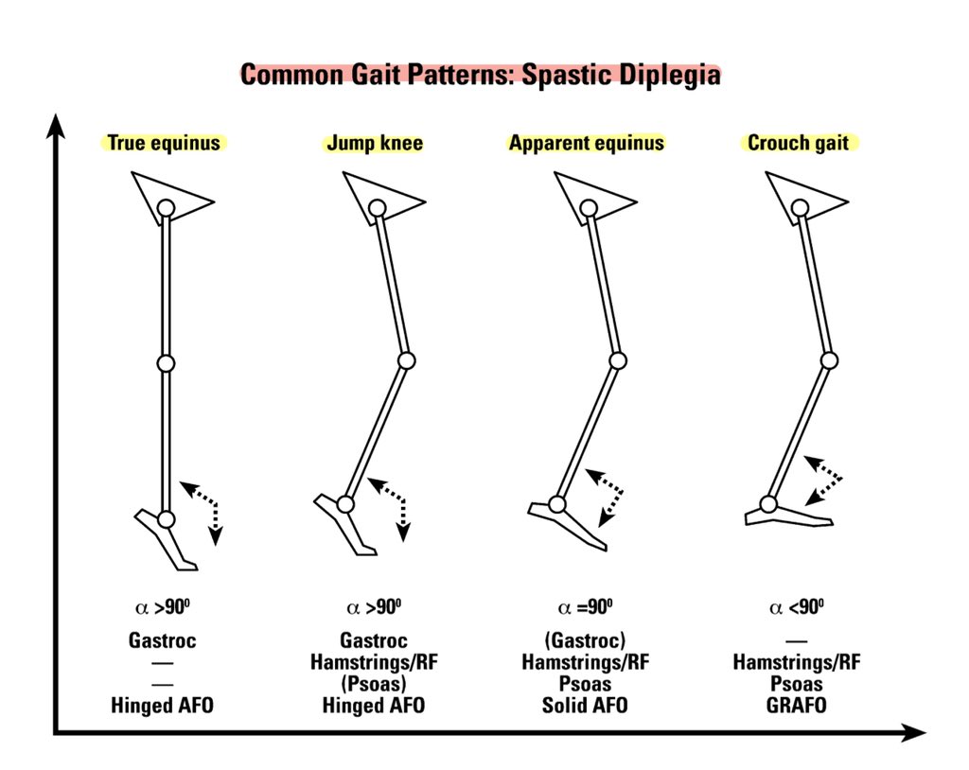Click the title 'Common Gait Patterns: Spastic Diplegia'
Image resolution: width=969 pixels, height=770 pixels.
click(480, 75)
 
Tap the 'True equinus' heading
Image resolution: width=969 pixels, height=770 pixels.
click(164, 144)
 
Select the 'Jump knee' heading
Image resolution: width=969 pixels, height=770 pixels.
click(374, 144)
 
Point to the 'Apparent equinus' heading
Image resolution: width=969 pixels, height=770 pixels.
click(587, 144)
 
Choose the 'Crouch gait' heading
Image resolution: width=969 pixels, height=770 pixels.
click(798, 144)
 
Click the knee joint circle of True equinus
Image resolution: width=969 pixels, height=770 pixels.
click(166, 363)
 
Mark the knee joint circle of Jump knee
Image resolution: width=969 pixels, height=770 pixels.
click(407, 360)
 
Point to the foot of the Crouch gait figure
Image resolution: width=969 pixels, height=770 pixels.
click(787, 516)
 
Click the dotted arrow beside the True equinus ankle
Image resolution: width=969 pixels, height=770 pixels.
click(203, 510)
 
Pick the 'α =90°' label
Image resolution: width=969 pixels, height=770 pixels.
click(586, 607)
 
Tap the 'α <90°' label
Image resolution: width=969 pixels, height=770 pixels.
click(797, 607)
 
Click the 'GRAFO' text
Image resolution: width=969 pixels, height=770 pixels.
click(797, 706)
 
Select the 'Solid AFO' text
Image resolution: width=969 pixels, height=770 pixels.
click(585, 706)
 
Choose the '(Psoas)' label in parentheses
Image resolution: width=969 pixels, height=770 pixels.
click(374, 684)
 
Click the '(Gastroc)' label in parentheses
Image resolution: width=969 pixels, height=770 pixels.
click(585, 640)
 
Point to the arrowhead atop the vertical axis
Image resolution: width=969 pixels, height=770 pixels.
click(58, 123)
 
